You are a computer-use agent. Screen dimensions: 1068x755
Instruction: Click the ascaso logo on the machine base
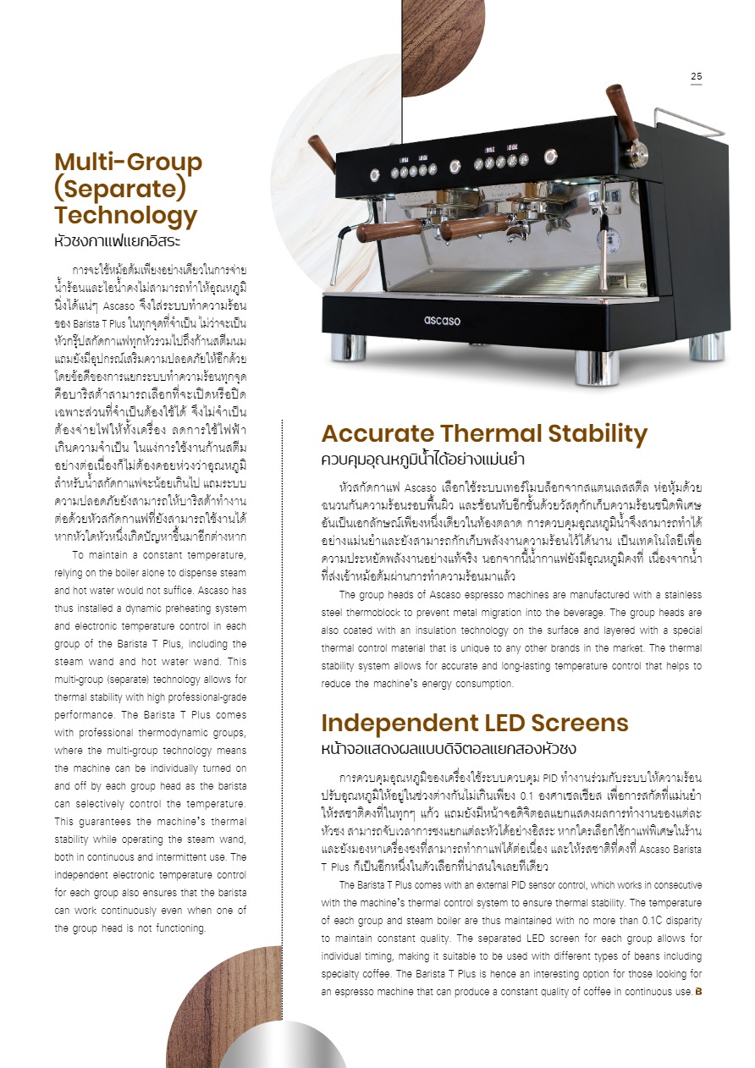pyautogui.click(x=441, y=320)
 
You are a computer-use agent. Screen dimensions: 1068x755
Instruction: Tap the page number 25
pyautogui.click(x=696, y=77)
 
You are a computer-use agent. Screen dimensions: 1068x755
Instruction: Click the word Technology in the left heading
pyautogui.click(x=125, y=215)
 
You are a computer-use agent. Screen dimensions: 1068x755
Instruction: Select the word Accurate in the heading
pyautogui.click(x=377, y=434)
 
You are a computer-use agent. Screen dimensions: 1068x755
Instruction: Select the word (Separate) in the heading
pyautogui.click(x=119, y=188)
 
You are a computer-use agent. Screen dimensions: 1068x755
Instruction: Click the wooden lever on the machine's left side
pyautogui.click(x=321, y=152)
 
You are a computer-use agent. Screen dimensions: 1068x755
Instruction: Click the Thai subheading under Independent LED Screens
pyautogui.click(x=449, y=749)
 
